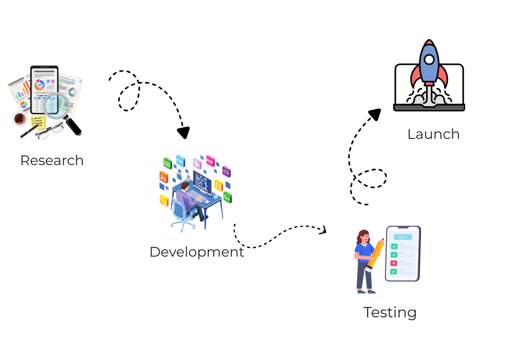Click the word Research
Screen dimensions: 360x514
pyautogui.click(x=51, y=160)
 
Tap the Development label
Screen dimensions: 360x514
pyautogui.click(x=197, y=252)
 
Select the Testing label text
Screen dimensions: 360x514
pyautogui.click(x=390, y=312)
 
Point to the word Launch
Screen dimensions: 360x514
pyautogui.click(x=433, y=134)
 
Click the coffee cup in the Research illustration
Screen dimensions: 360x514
pyautogui.click(x=20, y=119)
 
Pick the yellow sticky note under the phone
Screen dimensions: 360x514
pyautogui.click(x=38, y=122)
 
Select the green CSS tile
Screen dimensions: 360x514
pyautogui.click(x=167, y=163)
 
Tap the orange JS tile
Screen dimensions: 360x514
pyautogui.click(x=163, y=177)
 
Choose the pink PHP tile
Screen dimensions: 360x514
pyautogui.click(x=210, y=160)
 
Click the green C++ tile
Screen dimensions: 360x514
pyautogui.click(x=227, y=197)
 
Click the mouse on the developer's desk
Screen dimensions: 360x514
pyautogui.click(x=207, y=201)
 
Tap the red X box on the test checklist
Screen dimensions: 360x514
pyautogui.click(x=394, y=263)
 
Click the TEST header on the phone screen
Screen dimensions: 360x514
pyautogui.click(x=402, y=237)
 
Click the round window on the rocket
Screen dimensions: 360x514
pyautogui.click(x=429, y=60)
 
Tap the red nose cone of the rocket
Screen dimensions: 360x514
pyautogui.click(x=429, y=43)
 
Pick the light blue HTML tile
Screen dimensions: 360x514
pyautogui.click(x=180, y=160)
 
